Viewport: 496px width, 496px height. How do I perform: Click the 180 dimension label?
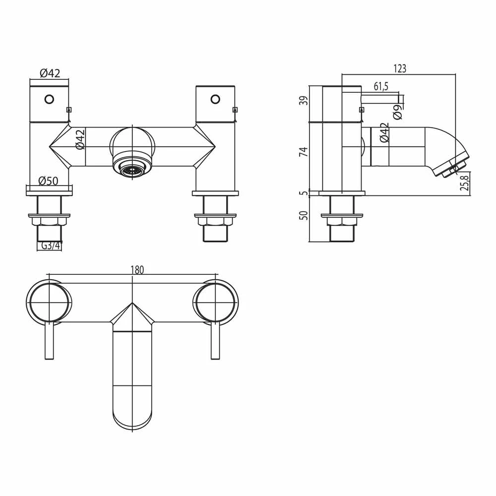137,270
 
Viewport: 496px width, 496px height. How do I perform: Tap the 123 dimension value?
399,69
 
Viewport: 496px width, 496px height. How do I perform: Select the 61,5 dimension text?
380,86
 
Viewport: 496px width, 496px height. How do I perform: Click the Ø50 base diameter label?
49,181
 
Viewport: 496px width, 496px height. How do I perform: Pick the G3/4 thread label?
50,246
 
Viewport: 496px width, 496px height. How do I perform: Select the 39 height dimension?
305,101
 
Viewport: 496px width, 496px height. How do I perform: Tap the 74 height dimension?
305,152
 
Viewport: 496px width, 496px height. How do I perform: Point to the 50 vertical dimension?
305,215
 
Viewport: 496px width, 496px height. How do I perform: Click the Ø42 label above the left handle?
50,73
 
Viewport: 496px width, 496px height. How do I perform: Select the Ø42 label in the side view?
384,133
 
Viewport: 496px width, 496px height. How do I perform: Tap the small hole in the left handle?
49,99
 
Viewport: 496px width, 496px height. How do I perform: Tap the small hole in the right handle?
215,99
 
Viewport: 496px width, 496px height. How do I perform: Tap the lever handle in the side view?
382,98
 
